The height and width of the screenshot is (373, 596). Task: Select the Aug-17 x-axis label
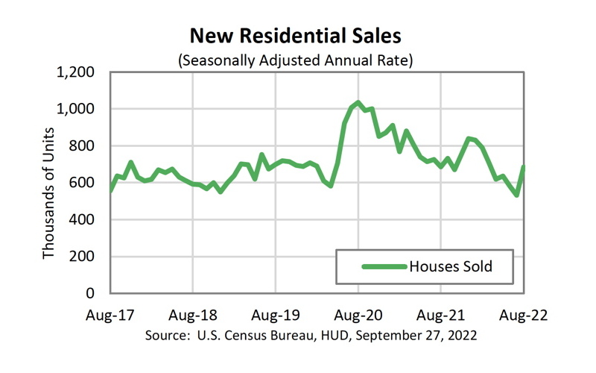pos(110,315)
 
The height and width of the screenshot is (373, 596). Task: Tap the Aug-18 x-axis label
pos(193,315)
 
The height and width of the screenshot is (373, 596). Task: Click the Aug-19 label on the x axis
pos(276,315)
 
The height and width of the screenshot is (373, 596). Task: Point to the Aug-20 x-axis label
pos(358,315)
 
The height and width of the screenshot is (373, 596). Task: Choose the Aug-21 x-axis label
pos(441,315)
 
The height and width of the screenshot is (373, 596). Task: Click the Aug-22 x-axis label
pos(524,315)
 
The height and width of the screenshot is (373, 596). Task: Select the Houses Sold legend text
pos(451,266)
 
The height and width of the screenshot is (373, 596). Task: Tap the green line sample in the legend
pos(383,266)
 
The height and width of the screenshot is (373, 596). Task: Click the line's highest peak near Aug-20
pos(358,103)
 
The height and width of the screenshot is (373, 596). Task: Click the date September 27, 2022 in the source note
pos(416,335)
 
